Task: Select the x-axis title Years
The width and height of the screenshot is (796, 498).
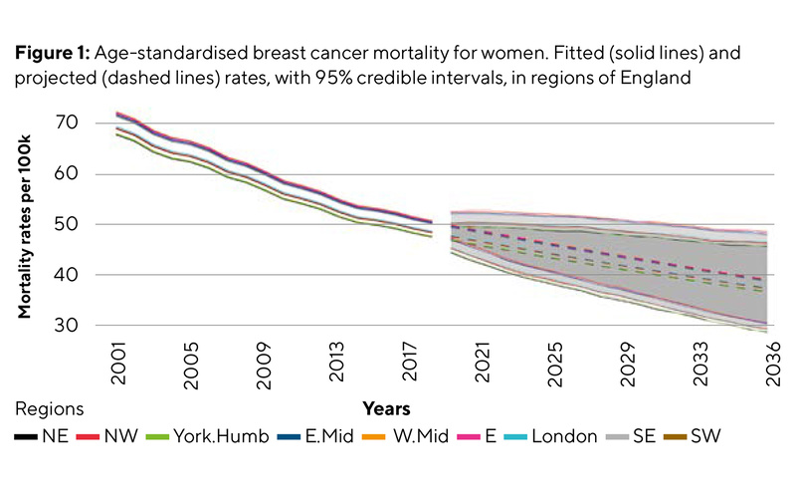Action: coord(386,409)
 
